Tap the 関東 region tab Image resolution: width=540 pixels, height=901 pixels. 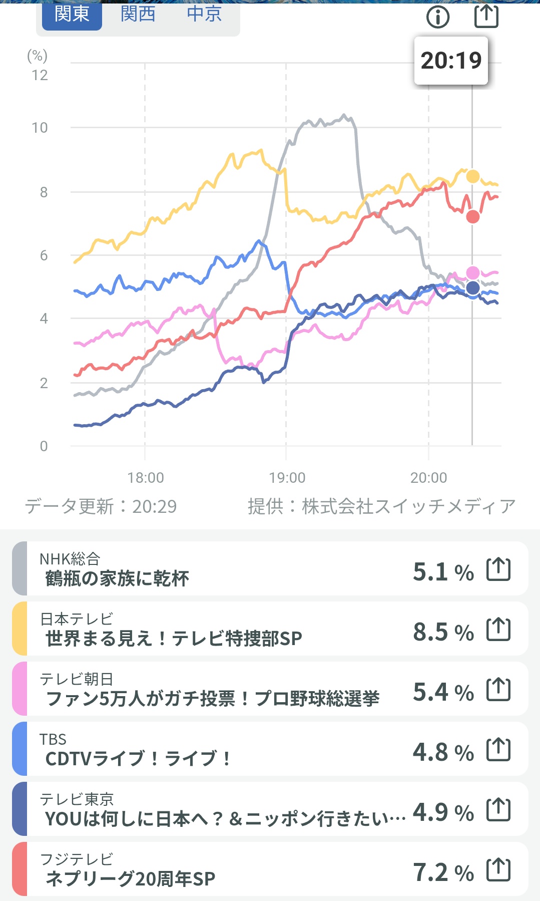(x=72, y=14)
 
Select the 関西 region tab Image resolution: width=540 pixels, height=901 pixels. (x=138, y=14)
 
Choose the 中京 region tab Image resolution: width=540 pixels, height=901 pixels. (x=204, y=14)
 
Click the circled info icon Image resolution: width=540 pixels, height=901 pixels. (x=438, y=17)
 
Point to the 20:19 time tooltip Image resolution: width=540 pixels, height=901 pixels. (x=451, y=61)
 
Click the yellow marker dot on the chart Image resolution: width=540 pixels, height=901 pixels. (x=472, y=176)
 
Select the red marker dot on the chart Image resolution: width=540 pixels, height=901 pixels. (x=472, y=217)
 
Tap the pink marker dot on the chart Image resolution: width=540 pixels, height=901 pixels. (x=472, y=273)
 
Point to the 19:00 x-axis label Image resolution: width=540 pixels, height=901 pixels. (x=287, y=478)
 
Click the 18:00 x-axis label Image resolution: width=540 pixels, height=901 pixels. (x=146, y=478)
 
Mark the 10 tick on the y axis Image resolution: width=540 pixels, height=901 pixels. (x=40, y=128)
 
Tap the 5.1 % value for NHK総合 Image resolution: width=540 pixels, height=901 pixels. (x=443, y=572)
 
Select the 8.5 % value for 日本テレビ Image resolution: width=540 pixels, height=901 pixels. (x=443, y=632)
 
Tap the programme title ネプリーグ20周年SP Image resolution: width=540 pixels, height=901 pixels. (x=130, y=879)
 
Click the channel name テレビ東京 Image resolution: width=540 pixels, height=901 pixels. (x=77, y=799)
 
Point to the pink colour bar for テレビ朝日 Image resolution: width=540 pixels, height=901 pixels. (x=20, y=689)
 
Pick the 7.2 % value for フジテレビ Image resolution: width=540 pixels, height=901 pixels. (x=443, y=872)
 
